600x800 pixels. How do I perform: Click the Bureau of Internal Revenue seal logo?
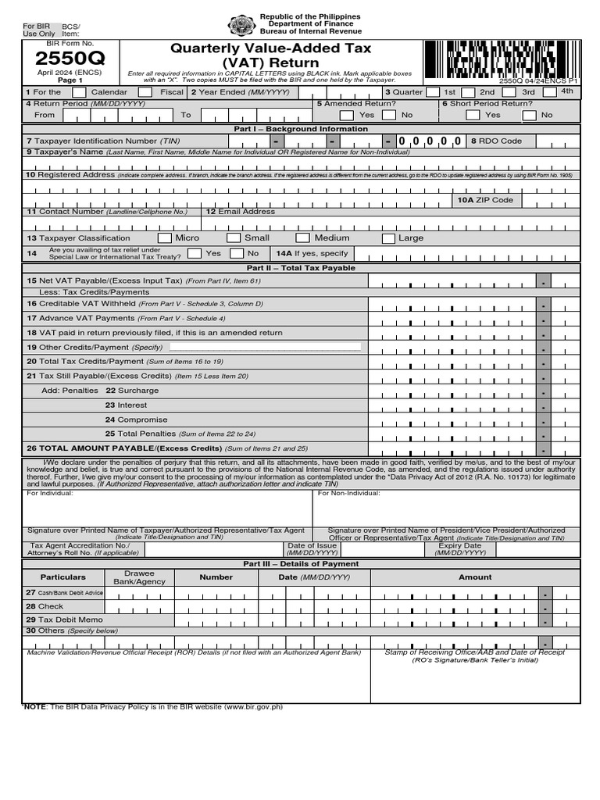[x=241, y=26]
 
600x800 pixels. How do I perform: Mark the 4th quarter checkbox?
[x=549, y=92]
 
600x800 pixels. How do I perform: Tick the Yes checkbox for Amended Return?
[x=346, y=115]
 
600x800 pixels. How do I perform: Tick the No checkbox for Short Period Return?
[x=530, y=115]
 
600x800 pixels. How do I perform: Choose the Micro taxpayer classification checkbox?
[x=164, y=238]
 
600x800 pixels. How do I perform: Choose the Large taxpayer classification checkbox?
[x=388, y=238]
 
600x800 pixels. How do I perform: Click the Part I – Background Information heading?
[x=300, y=129]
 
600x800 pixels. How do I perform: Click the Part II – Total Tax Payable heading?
[x=300, y=268]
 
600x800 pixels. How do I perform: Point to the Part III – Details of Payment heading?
[x=300, y=563]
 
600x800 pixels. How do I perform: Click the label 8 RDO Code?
[x=495, y=141]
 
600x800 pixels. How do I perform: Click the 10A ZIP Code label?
[x=485, y=200]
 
